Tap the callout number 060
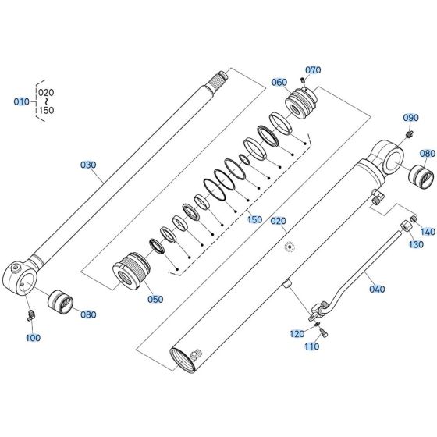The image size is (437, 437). pyautogui.click(x=279, y=82)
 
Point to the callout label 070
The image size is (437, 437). pyautogui.click(x=313, y=70)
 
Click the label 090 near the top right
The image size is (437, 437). pyautogui.click(x=410, y=118)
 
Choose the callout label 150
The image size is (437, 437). pyautogui.click(x=254, y=220)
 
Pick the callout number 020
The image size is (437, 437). pyautogui.click(x=279, y=221)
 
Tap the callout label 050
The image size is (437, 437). pyautogui.click(x=155, y=299)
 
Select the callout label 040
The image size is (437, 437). pyautogui.click(x=376, y=289)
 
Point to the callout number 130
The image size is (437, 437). pyautogui.click(x=416, y=244)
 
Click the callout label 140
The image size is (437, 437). pyautogui.click(x=427, y=232)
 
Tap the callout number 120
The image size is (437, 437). pyautogui.click(x=297, y=333)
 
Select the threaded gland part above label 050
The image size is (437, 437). pyautogui.click(x=129, y=270)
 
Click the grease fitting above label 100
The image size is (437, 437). pyautogui.click(x=30, y=314)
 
